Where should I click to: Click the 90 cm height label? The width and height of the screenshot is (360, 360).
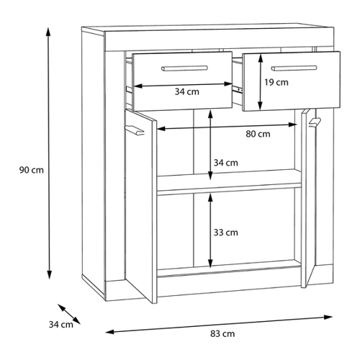[32, 170]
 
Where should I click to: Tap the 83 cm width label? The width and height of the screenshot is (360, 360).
[222, 333]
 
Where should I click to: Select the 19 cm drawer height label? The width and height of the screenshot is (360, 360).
[276, 82]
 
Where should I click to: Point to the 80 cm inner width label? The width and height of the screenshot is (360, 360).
[258, 134]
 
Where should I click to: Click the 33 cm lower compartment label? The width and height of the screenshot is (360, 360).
[226, 233]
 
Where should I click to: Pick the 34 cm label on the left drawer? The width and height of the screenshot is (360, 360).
[186, 91]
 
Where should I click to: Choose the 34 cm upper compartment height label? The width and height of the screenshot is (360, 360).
[226, 163]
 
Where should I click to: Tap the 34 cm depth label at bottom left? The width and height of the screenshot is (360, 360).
[61, 325]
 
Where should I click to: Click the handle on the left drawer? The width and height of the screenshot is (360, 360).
[184, 68]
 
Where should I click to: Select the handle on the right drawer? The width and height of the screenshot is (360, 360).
[294, 68]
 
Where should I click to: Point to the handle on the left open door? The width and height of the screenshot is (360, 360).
[135, 130]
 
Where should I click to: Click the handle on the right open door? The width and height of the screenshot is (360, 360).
[315, 122]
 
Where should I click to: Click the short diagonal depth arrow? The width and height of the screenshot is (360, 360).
[69, 314]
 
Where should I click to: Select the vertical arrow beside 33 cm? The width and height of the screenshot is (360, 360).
[210, 230]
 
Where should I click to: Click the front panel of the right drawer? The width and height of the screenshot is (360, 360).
[292, 81]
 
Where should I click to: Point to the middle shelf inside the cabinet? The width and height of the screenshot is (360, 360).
[229, 182]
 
